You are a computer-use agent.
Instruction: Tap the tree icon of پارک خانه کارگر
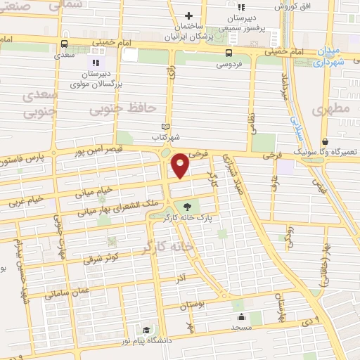188,207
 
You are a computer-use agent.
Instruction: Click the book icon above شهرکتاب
166,127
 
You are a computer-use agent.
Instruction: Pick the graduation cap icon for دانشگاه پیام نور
146,330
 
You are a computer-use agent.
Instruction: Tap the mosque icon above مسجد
241,316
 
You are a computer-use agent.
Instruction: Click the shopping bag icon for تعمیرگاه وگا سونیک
324,141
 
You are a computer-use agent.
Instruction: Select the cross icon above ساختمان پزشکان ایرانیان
188,15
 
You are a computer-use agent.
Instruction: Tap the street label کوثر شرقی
103,256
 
